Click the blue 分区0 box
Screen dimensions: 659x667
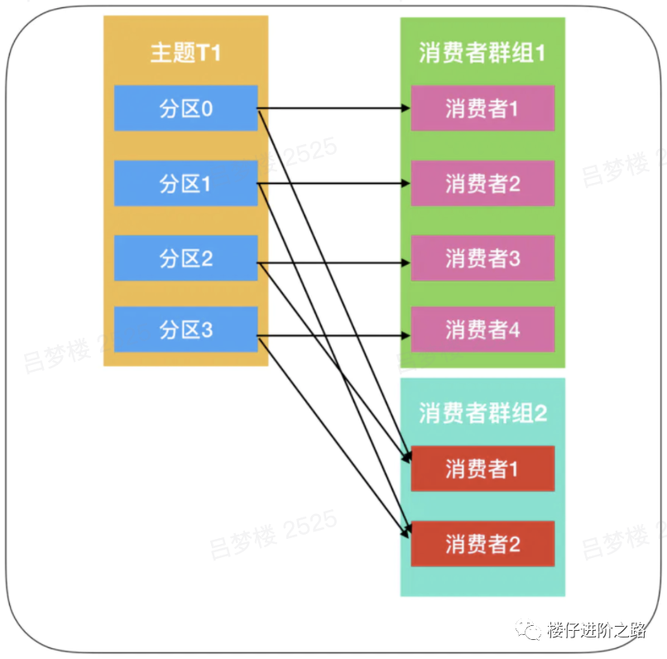[x=185, y=108]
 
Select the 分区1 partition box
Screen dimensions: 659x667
[x=185, y=183]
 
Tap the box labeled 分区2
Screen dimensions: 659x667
[x=185, y=258]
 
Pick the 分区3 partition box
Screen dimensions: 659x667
[x=185, y=329]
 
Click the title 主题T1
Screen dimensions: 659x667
[x=185, y=53]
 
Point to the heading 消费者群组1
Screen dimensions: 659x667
[x=482, y=53]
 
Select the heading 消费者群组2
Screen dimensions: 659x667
[x=482, y=413]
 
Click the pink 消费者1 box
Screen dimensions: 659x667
[x=482, y=108]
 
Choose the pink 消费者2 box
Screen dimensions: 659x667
[x=482, y=183]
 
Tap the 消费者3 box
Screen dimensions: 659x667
[x=482, y=258]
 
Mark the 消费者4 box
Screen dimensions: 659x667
[x=482, y=329]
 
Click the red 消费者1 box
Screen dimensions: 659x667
[x=482, y=469]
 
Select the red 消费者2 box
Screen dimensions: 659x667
[x=482, y=543]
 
